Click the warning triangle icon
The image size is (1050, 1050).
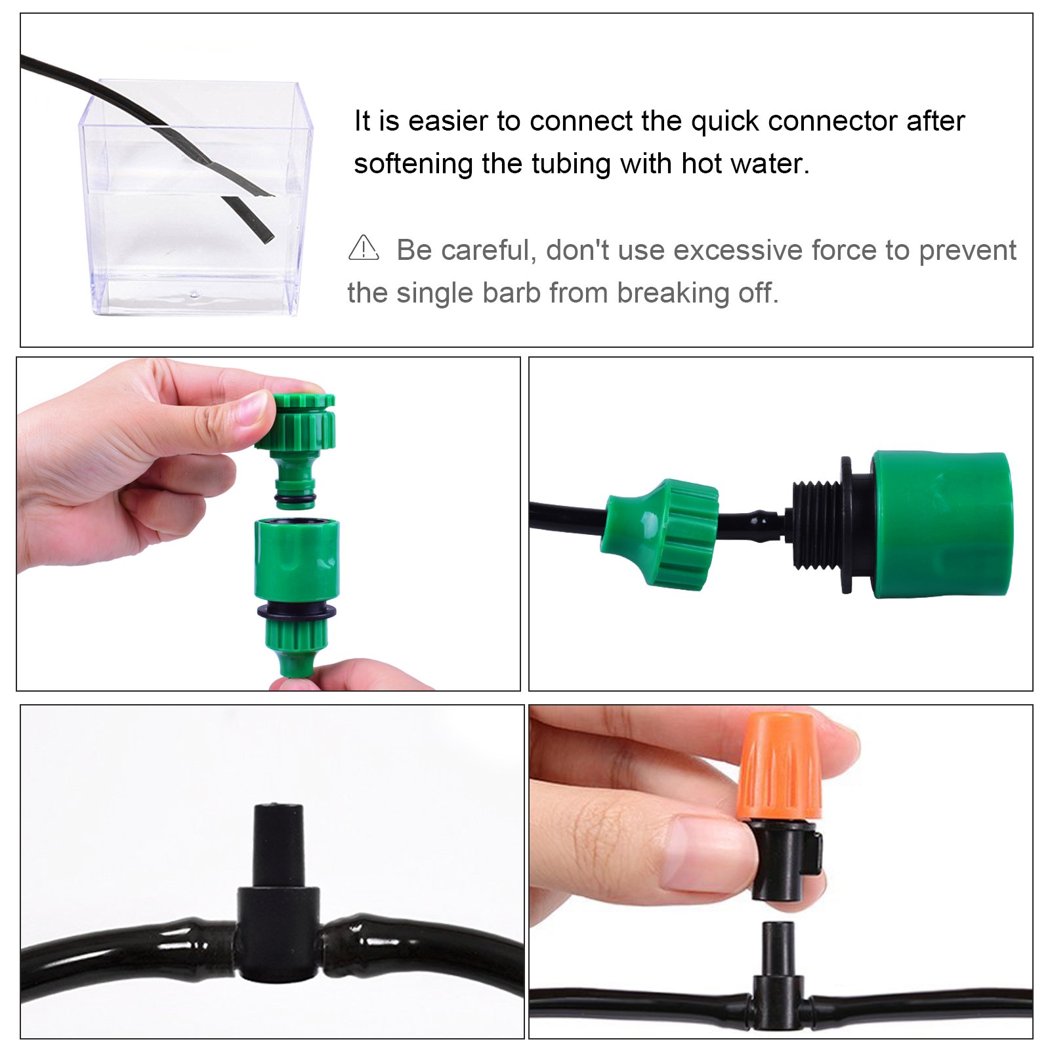click(x=364, y=249)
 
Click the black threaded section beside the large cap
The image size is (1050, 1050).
click(x=817, y=525)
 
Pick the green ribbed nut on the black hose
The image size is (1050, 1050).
click(x=663, y=533)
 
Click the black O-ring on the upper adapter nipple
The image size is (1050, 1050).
click(x=295, y=502)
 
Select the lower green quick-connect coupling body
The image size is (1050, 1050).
click(x=297, y=558)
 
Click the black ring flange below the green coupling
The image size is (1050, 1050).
click(x=297, y=612)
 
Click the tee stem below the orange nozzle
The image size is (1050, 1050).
click(x=778, y=948)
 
